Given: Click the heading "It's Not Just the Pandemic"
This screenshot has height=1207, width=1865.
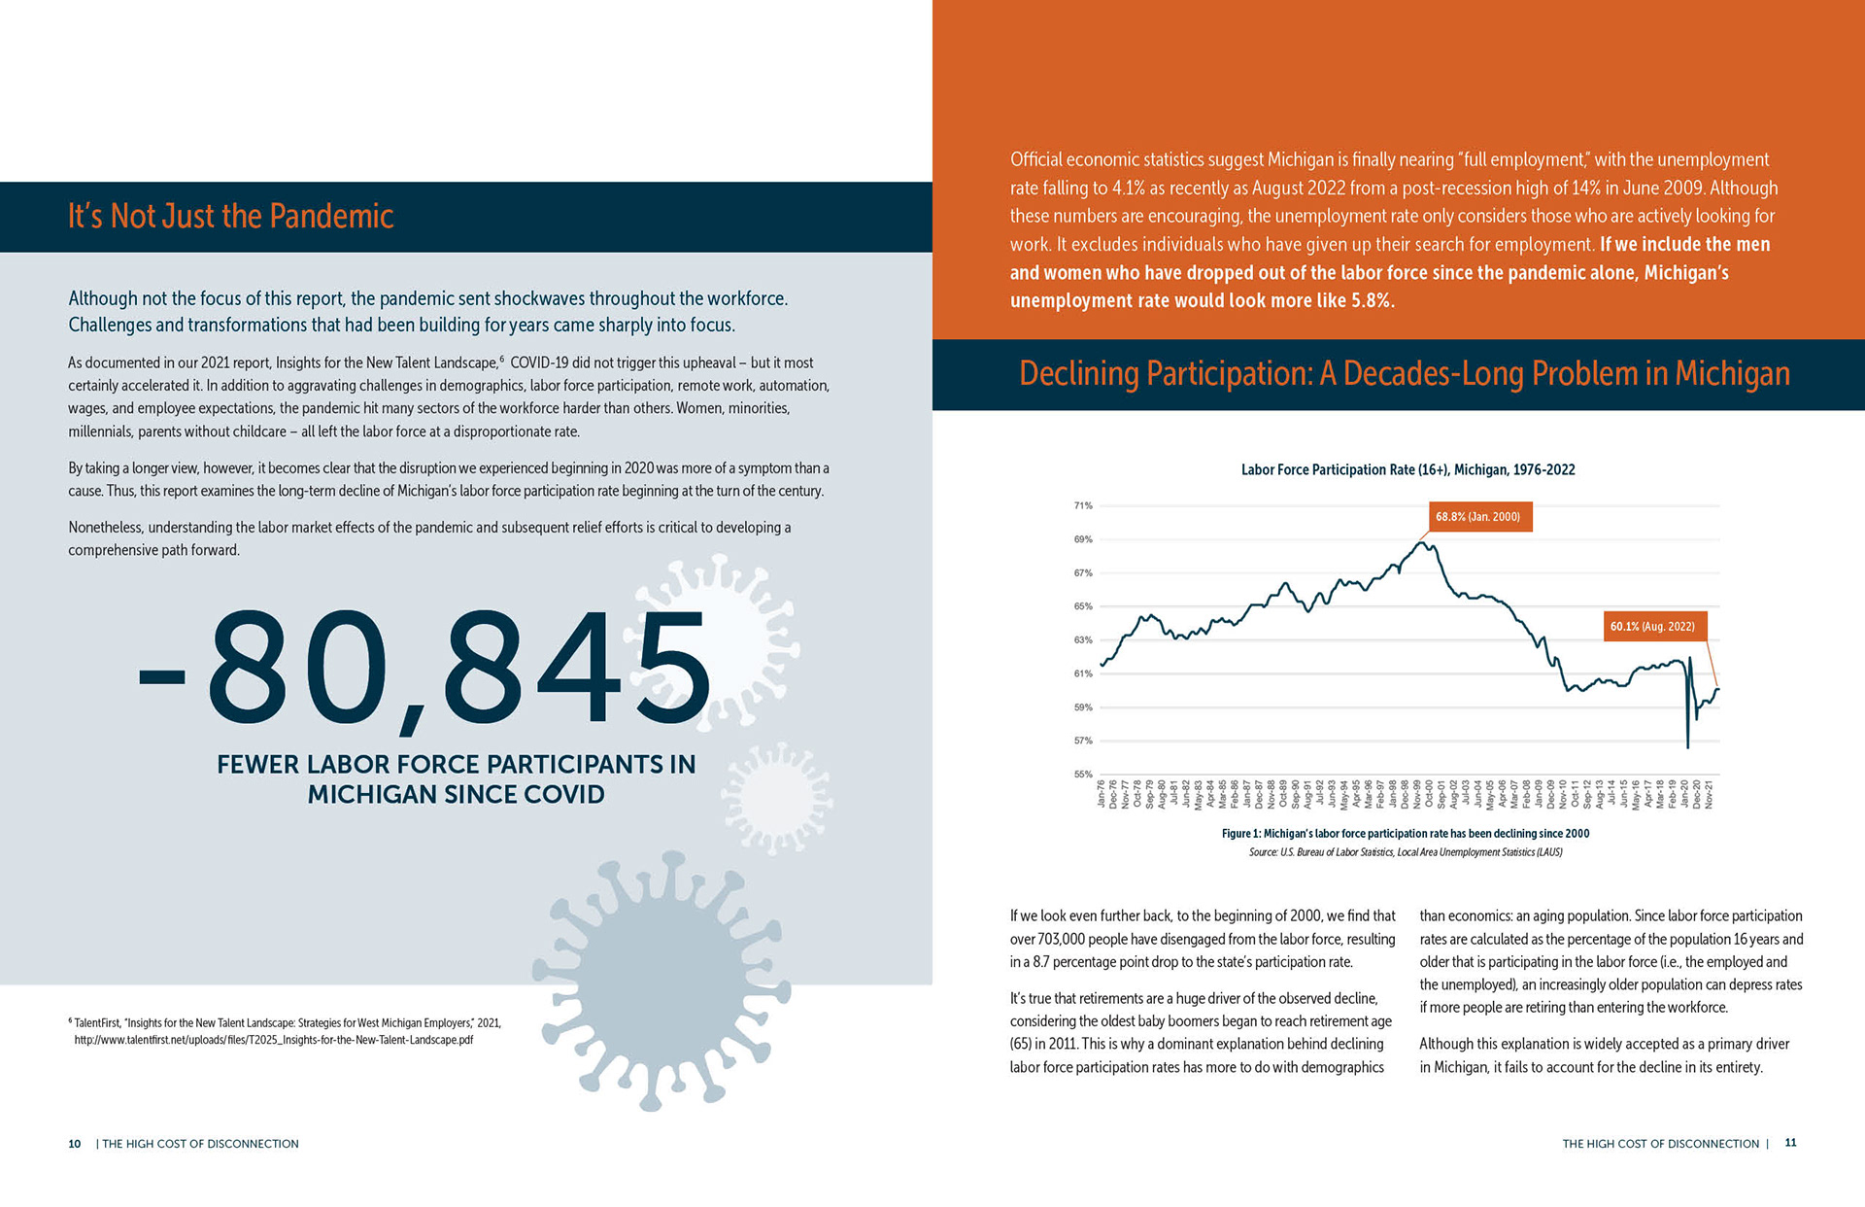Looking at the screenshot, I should pos(230,216).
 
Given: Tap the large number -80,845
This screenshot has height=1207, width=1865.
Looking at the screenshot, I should pos(424,671).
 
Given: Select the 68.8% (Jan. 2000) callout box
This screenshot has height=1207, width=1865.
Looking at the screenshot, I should pos(1477,517).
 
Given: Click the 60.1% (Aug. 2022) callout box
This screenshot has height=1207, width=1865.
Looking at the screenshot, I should pos(1651,627).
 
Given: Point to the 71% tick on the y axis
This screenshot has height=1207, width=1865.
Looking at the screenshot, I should pos(1083,505).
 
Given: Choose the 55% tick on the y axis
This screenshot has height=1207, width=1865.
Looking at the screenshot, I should pos(1083,775).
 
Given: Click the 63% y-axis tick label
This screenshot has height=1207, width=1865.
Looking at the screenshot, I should pos(1083,640).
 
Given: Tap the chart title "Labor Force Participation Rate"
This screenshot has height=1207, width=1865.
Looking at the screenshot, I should pos(1407,470).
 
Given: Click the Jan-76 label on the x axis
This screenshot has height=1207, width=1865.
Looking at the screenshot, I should pos(1102,794).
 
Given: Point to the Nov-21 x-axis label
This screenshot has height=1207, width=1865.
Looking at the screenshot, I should pos(1709,794).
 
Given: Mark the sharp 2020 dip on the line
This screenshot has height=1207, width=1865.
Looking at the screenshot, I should pos(1688,744).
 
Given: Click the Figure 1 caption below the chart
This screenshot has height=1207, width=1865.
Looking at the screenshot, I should pos(1406,834).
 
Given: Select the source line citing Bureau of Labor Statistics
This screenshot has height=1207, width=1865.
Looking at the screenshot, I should pos(1406,852).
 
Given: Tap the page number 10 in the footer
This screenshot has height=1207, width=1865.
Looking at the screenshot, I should pos(75,1144).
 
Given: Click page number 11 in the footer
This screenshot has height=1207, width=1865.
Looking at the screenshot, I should pos(1790,1143).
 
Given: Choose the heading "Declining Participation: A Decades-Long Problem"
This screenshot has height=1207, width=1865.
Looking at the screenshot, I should pos(1404,374).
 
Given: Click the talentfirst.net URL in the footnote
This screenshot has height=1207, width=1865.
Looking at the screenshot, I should pos(274,1040).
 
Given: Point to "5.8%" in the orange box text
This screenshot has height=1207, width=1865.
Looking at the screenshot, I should pos(1372,301).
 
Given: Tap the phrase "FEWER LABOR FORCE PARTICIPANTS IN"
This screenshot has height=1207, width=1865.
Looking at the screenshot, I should pos(456,765).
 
